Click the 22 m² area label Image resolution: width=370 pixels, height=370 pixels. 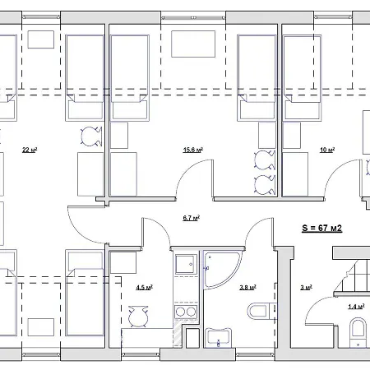click(x=30, y=150)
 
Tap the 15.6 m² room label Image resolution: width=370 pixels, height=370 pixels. click(x=193, y=150)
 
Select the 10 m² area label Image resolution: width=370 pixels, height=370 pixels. click(x=327, y=150)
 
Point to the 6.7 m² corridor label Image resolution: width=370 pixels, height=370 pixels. click(x=192, y=219)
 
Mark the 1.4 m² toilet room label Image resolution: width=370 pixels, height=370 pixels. click(x=356, y=307)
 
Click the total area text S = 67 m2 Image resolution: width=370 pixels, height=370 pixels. click(x=322, y=228)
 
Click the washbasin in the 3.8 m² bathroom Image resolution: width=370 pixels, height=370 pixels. click(x=219, y=337)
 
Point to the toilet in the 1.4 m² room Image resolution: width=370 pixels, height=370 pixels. click(x=358, y=332)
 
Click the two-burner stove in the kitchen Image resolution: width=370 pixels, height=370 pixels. click(x=184, y=312)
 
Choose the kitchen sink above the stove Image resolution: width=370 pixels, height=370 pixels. click(x=183, y=265)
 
